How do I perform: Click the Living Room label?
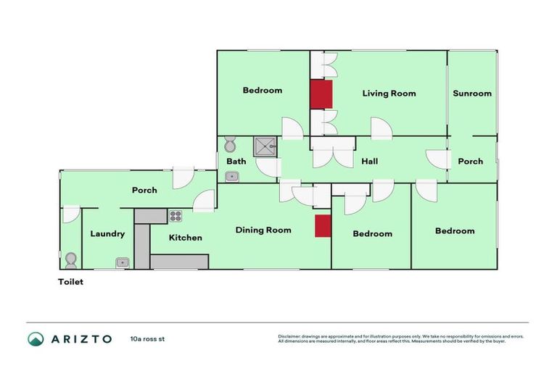389,93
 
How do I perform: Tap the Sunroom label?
472,93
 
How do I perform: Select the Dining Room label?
263,230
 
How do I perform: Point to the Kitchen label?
185,238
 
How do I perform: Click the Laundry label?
107,234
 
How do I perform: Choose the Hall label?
370,162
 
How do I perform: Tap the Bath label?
236,162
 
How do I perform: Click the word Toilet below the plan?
71,283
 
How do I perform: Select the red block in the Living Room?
321,94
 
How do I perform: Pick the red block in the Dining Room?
323,225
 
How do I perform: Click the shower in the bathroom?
265,147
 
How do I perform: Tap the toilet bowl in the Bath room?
231,143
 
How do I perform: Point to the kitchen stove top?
176,215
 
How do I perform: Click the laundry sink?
123,262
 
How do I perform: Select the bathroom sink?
232,176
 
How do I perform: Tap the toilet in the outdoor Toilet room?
70,259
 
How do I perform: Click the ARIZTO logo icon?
36,339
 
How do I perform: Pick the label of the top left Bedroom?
262,91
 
